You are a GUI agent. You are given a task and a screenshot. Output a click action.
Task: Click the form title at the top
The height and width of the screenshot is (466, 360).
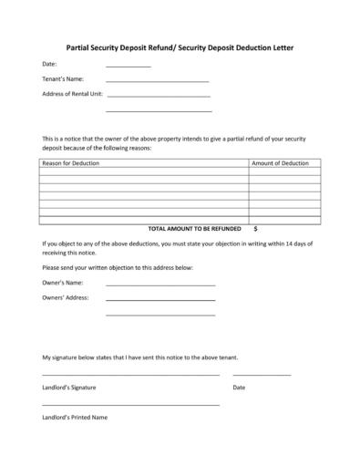180,46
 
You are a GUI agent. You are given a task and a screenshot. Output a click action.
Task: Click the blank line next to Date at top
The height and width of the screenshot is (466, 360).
129,67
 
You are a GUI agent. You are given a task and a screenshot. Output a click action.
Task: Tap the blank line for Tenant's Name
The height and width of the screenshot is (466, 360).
158,82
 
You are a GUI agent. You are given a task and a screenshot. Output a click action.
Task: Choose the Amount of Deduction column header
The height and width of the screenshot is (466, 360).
280,162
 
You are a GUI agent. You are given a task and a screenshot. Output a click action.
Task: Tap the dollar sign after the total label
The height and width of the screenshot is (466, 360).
255,228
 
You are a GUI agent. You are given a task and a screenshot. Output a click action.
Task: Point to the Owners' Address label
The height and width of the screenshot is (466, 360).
66,297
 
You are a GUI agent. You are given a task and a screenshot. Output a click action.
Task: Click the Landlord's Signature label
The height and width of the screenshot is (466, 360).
69,388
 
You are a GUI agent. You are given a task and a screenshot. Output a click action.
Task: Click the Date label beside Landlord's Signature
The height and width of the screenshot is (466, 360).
240,388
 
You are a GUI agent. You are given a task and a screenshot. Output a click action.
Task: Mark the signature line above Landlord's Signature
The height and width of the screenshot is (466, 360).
130,375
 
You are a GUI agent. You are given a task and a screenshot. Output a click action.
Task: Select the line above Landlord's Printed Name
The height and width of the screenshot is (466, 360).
130,404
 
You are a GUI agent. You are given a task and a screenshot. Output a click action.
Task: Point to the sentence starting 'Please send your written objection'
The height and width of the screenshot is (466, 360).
118,267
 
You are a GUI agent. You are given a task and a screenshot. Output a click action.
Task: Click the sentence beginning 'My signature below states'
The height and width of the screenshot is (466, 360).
140,357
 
